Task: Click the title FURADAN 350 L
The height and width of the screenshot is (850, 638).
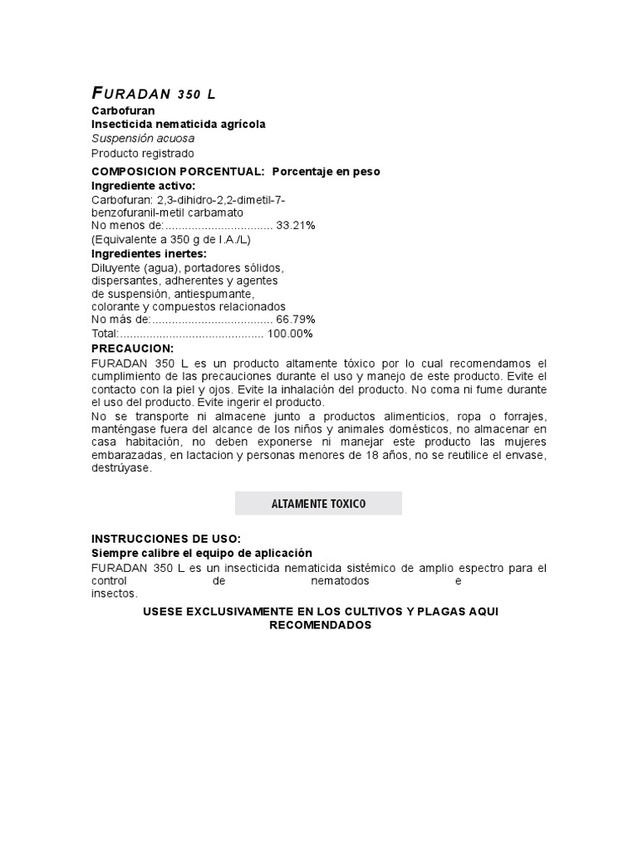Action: [153, 95]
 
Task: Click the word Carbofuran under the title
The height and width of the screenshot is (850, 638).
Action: [123, 110]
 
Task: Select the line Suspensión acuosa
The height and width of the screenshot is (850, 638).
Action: [143, 139]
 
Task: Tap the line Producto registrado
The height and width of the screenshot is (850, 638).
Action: [142, 154]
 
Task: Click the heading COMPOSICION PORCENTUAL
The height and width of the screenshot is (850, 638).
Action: [178, 171]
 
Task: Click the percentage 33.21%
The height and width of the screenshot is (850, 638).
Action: [296, 225]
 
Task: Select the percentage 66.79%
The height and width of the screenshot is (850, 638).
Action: [296, 320]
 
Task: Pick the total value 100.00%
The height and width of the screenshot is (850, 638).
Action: [290, 334]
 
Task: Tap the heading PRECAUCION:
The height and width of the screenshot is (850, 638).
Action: [132, 349]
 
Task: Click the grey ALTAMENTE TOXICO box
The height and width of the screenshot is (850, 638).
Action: [318, 504]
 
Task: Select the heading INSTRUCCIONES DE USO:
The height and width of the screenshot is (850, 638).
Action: [165, 539]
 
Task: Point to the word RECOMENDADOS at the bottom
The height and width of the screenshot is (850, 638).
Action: [320, 625]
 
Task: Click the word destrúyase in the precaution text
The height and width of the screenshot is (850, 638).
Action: [121, 468]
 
